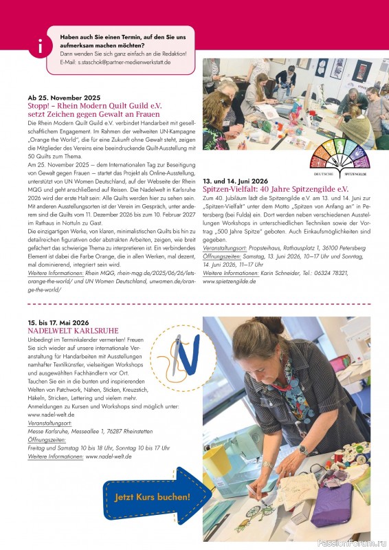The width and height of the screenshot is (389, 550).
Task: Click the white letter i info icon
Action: [x=41, y=47]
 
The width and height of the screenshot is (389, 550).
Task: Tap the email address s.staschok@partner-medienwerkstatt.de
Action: [x=124, y=62]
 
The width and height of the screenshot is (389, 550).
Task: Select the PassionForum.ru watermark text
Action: [x=351, y=542]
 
